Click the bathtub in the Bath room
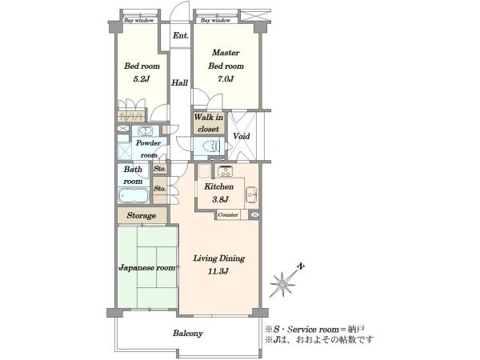(x=134, y=195)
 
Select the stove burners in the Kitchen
(x=226, y=171)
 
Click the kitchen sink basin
(x=251, y=194)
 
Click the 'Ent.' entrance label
(x=180, y=35)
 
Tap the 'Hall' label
(x=179, y=82)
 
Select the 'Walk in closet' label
(x=209, y=123)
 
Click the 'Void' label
(x=242, y=136)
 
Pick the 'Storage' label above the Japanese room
(x=142, y=215)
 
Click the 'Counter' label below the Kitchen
(x=228, y=215)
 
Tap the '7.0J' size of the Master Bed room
(x=226, y=79)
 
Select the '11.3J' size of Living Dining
(x=218, y=271)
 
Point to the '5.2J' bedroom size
(x=142, y=79)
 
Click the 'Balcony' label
(x=188, y=333)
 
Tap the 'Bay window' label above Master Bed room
(x=215, y=21)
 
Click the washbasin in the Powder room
(x=146, y=131)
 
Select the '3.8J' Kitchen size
(x=221, y=199)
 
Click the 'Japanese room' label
(x=147, y=267)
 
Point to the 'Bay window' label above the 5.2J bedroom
(x=139, y=21)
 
